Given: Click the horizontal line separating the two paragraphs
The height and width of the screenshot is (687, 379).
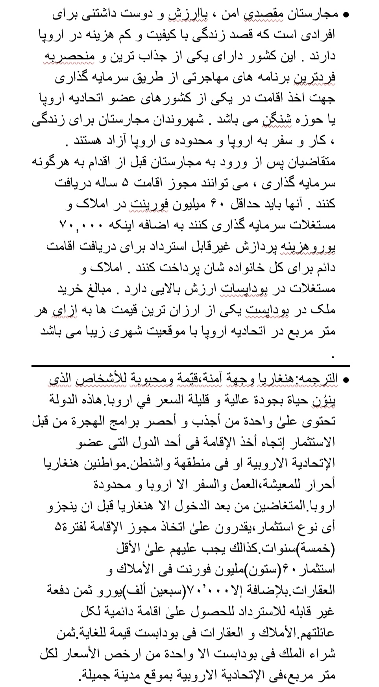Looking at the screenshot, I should coord(190,366).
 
